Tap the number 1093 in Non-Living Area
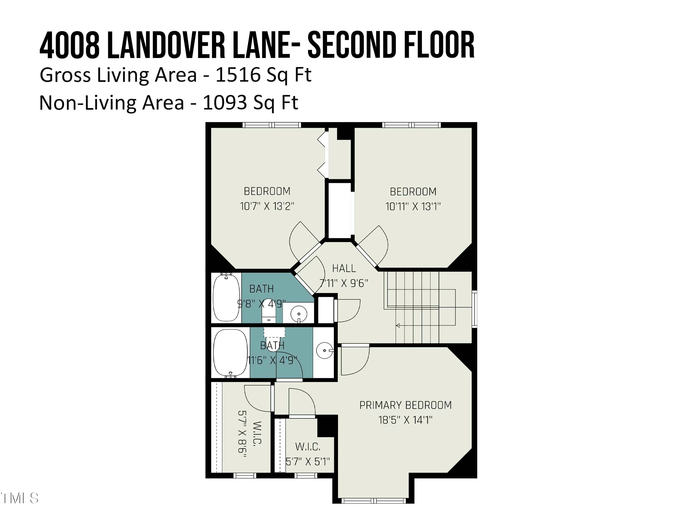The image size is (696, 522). [225, 103]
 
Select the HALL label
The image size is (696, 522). [344, 268]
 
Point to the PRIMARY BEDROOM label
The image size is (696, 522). [405, 405]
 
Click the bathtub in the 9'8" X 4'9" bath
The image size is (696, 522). [226, 298]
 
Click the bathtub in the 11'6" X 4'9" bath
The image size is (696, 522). [230, 353]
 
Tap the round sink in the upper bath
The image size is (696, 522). [299, 314]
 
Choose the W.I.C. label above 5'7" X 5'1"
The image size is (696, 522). [307, 447]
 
